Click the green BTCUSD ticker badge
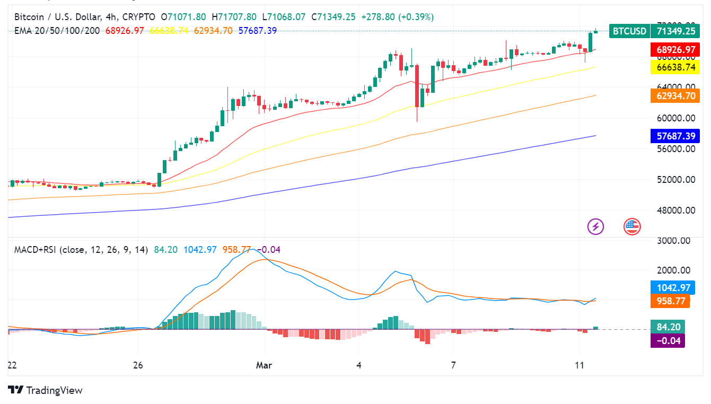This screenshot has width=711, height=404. coord(630,31)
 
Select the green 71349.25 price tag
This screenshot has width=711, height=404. coord(675,31)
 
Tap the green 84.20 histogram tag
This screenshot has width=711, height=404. coord(667,327)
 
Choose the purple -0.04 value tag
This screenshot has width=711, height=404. coord(667,340)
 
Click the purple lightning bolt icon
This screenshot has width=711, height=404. coord(595,226)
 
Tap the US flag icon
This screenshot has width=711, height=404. coord(631,226)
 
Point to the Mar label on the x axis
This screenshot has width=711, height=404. coord(264,365)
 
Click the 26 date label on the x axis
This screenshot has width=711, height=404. coord(138,365)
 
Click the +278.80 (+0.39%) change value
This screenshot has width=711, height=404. coord(397,17)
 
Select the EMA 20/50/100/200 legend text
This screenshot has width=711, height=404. coord(57,31)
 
